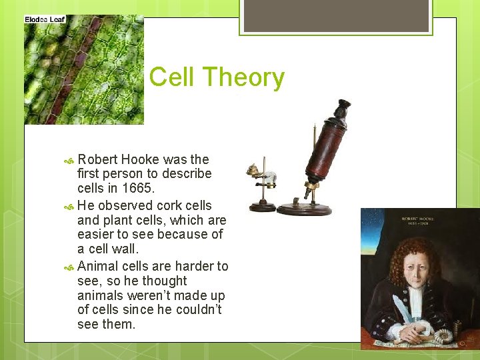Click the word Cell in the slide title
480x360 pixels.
pyautogui.click(x=171, y=77)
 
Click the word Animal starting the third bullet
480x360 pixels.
pyautogui.click(x=99, y=266)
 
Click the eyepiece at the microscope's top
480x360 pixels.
pyautogui.click(x=343, y=106)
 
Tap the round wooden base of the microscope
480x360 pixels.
pyautogui.click(x=304, y=209)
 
